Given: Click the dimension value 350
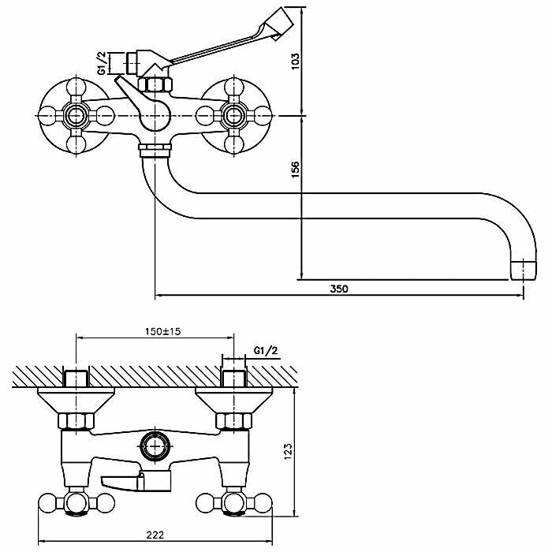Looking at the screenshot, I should [338, 289].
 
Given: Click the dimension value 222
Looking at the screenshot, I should [155, 535].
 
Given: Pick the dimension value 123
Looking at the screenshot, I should [289, 451].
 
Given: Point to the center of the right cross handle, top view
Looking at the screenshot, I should [233, 116].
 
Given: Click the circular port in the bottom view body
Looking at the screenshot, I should [154, 446].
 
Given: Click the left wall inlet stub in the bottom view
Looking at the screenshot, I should [75, 376].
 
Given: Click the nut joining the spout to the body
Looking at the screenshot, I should [154, 149].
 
